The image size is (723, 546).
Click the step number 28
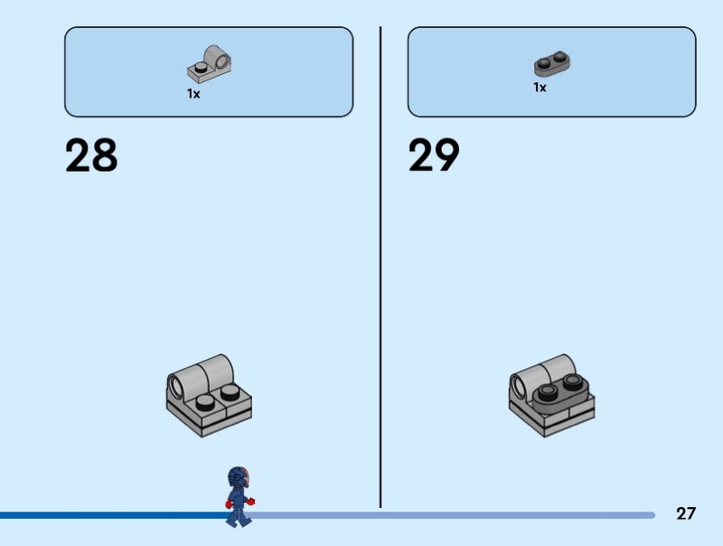click(91, 155)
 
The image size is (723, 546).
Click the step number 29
click(434, 155)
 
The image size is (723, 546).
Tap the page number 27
click(686, 513)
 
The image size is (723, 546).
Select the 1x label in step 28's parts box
click(193, 93)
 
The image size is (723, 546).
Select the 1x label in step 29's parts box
click(540, 88)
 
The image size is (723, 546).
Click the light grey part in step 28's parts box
click(210, 62)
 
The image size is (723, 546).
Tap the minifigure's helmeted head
click(238, 477)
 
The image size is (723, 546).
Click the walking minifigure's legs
click(238, 514)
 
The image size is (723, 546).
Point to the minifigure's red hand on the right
click(251, 501)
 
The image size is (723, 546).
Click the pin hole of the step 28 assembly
click(174, 389)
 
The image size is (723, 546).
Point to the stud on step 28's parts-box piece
click(198, 66)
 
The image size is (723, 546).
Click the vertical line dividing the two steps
click(380, 271)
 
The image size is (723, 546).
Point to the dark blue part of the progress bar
click(108, 515)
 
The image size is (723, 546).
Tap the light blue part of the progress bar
click(452, 515)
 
